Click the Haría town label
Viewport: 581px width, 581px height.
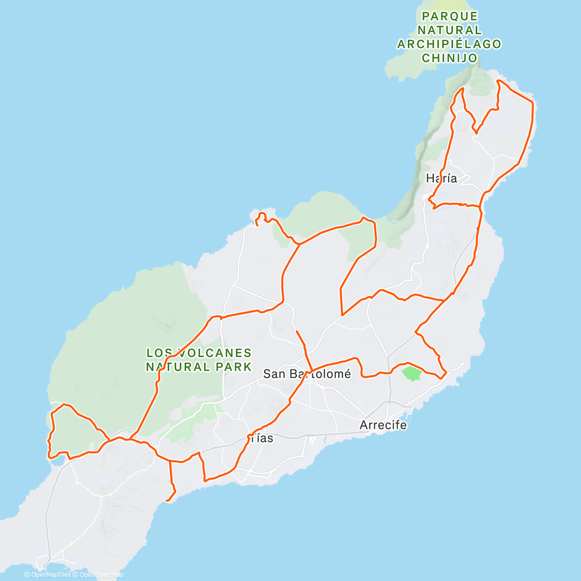point(441,178)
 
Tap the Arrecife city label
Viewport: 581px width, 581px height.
point(383,425)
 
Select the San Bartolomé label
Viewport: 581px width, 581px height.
point(306,374)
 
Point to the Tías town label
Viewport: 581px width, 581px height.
point(262,438)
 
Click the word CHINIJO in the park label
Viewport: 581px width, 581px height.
point(450,58)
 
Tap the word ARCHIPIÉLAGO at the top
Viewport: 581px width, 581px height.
point(449,44)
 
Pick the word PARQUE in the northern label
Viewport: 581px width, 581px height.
point(450,16)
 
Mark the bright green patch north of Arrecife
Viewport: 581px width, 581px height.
point(412,373)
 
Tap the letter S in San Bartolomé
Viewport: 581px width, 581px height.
point(267,374)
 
